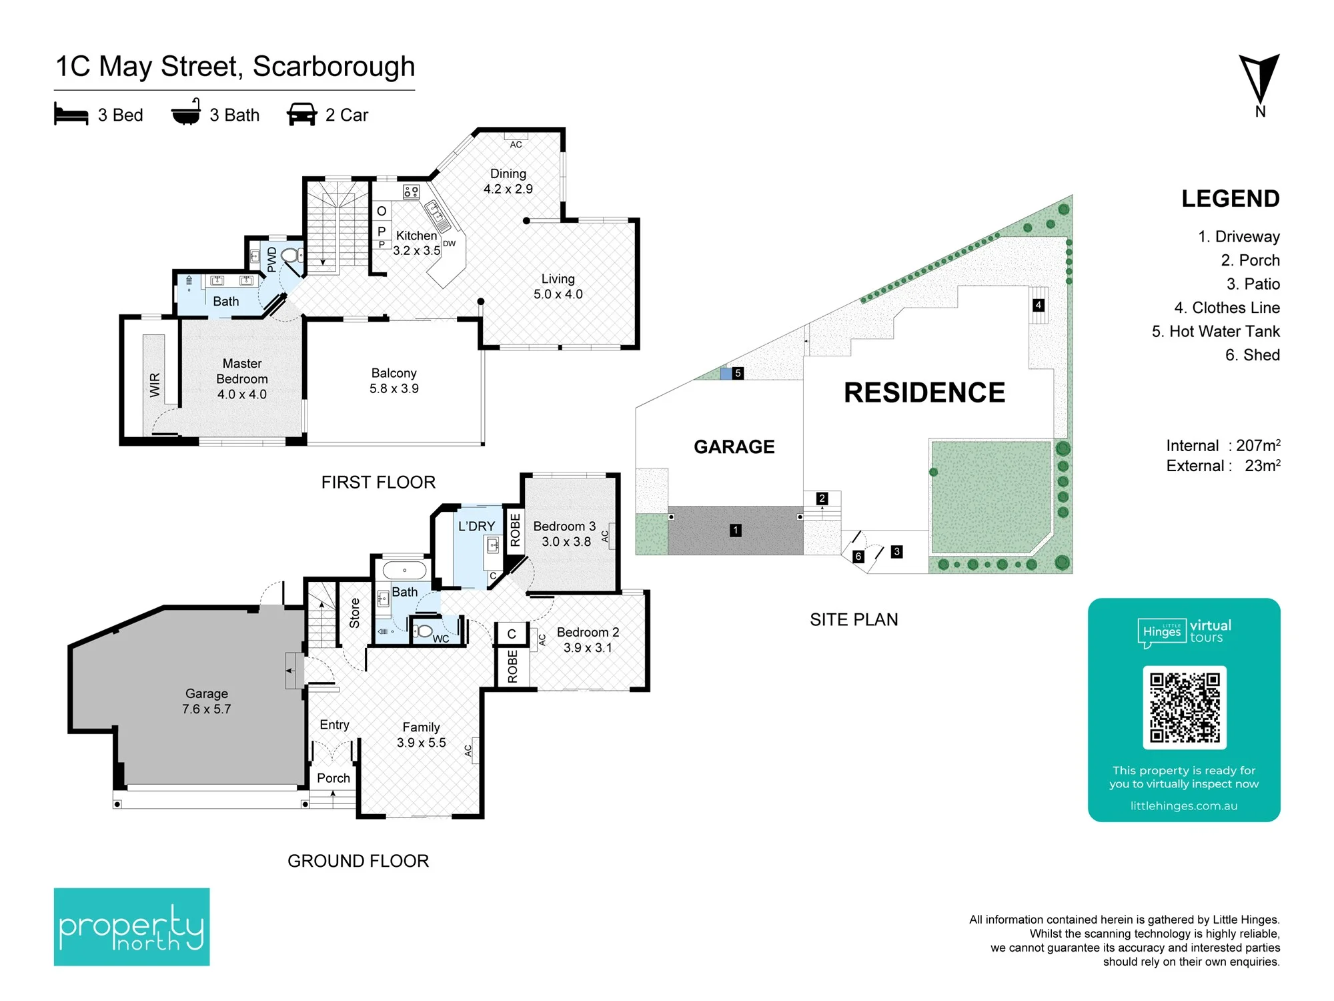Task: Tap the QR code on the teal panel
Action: click(x=1185, y=707)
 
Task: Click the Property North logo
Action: click(x=131, y=926)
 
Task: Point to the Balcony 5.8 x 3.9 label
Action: click(x=394, y=380)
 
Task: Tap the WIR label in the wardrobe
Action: click(x=155, y=385)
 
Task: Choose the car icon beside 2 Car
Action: click(x=301, y=114)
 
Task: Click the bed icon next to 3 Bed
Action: click(x=71, y=114)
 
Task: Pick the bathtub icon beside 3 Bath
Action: click(x=186, y=112)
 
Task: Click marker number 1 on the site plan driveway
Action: click(x=736, y=531)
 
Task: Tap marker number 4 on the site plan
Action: click(x=1039, y=305)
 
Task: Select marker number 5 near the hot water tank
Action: click(x=738, y=373)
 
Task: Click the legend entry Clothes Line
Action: click(x=1227, y=308)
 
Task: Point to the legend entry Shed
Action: click(x=1253, y=355)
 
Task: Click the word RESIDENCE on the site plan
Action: click(x=924, y=392)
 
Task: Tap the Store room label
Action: click(x=354, y=613)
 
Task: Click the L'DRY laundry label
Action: click(x=476, y=526)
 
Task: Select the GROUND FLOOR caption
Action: click(x=358, y=861)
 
